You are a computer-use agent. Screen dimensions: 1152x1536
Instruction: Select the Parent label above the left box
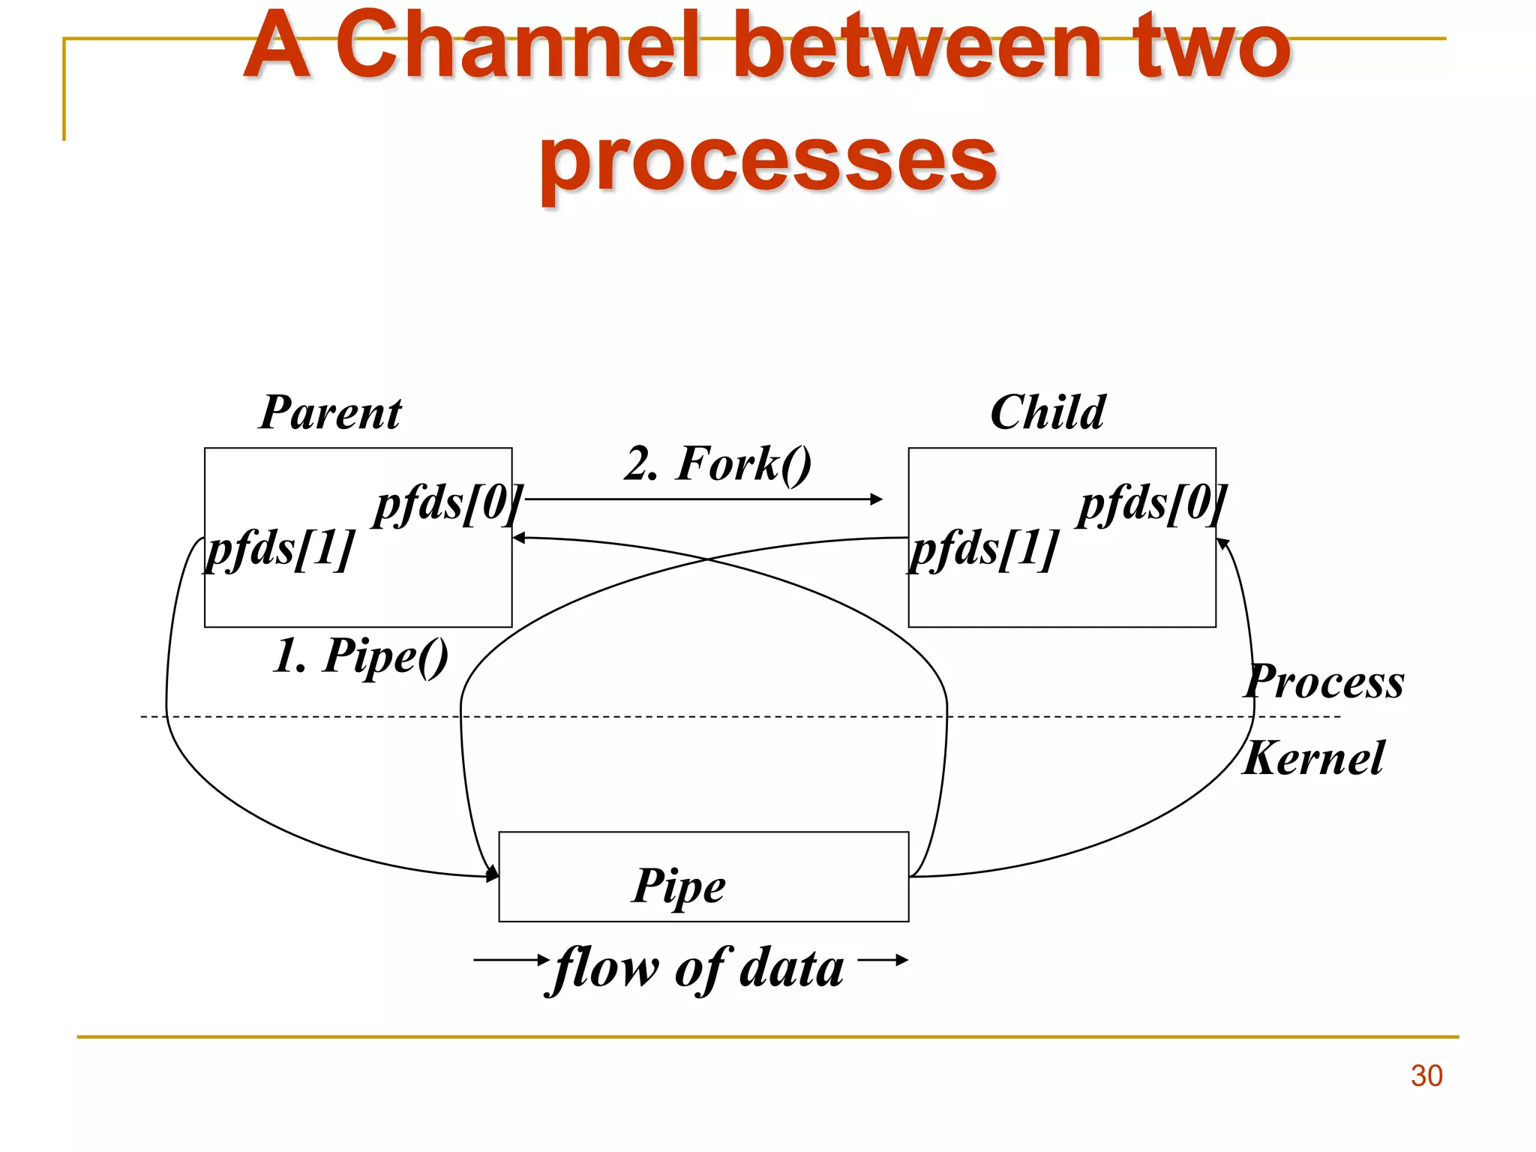[330, 412]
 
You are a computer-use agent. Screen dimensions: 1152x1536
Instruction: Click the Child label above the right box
[1047, 412]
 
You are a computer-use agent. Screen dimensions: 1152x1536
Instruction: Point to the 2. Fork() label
[718, 463]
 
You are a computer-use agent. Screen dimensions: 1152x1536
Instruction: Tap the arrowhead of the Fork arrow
[877, 499]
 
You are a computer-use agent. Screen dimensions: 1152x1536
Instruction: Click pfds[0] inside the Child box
[1152, 503]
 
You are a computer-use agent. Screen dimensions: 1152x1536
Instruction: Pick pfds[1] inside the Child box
[984, 548]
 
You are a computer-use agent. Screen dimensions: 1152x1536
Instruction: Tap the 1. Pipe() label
[361, 655]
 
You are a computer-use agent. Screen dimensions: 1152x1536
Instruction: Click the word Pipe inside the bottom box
[679, 886]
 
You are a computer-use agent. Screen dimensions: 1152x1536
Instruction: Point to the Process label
[1324, 682]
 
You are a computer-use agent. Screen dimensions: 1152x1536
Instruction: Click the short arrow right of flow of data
[883, 959]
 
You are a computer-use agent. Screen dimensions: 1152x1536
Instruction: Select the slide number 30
[1426, 1075]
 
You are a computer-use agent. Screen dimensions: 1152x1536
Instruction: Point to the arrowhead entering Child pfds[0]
[1222, 543]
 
